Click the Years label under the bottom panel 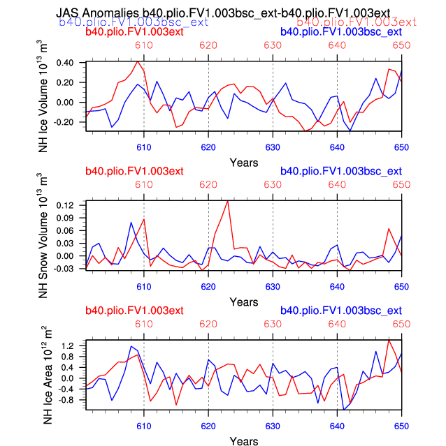coord(244,441)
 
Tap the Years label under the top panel coord(244,162)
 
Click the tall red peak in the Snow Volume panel coord(228,201)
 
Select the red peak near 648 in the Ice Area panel coord(389,340)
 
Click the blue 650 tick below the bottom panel coord(401,426)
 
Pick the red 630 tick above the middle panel coord(273,185)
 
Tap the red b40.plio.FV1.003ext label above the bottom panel coord(134,310)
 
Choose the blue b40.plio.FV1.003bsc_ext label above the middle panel coord(340,171)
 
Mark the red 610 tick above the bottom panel coord(144,325)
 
